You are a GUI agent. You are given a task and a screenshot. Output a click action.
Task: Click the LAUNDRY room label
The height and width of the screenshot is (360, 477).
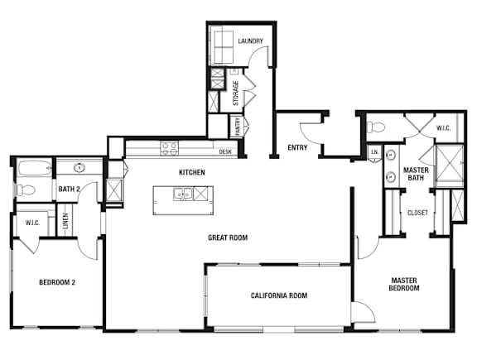250,41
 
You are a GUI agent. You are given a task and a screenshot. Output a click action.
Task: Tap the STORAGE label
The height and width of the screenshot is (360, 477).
235,93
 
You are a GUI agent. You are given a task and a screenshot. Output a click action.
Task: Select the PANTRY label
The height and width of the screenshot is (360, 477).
238,127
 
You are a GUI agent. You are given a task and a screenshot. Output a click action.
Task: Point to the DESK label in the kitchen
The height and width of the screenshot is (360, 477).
225,151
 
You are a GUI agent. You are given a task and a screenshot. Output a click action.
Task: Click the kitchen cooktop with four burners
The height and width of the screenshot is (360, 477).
170,149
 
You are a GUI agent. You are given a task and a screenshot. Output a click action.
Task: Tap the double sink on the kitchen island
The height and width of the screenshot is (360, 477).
183,194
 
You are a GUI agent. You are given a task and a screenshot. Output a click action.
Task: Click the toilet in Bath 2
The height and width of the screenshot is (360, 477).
26,190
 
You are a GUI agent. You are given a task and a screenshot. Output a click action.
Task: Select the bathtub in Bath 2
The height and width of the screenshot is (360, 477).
35,168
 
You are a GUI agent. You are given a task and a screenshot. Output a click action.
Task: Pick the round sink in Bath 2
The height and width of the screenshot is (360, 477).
79,167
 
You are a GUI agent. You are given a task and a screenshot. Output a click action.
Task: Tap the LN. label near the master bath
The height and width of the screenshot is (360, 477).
375,151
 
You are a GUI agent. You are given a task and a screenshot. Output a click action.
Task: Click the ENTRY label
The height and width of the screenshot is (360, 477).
297,148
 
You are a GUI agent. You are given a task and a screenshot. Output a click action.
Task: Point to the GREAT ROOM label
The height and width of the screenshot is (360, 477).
228,238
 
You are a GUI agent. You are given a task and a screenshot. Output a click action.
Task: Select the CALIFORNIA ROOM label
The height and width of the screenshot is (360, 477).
279,295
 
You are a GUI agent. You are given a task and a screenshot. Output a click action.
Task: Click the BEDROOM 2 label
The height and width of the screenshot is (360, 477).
57,282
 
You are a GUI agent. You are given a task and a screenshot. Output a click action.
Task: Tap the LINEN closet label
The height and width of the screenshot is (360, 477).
66,221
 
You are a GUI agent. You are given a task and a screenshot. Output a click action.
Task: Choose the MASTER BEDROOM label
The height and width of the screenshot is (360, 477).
404,284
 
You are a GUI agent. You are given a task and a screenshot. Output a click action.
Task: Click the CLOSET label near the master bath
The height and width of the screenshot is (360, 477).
417,213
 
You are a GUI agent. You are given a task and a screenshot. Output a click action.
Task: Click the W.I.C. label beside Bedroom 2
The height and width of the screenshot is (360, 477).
32,223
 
